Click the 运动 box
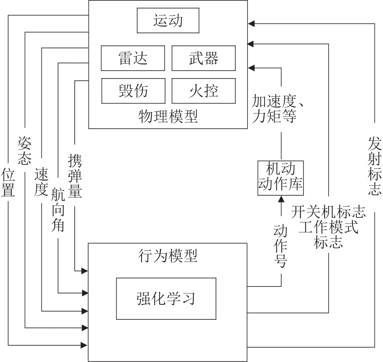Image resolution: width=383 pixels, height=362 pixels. tap(168, 21)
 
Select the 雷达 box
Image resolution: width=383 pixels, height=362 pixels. tap(133, 58)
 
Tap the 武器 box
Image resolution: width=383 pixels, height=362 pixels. tap(204, 58)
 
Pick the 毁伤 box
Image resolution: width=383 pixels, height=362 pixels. tap(133, 90)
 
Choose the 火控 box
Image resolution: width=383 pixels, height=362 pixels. tap(204, 90)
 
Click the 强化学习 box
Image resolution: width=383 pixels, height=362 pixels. tap(166, 298)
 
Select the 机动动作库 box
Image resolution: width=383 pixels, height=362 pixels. tap(281, 177)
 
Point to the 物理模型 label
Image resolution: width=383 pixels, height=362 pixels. tap(168, 117)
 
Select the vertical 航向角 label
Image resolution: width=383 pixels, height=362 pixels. tap(58, 211)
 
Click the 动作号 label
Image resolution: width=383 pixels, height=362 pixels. tap(281, 247)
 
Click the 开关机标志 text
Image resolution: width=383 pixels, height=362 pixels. tap(328, 211)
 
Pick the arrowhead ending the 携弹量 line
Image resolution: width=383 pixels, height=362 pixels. tap(85, 271)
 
